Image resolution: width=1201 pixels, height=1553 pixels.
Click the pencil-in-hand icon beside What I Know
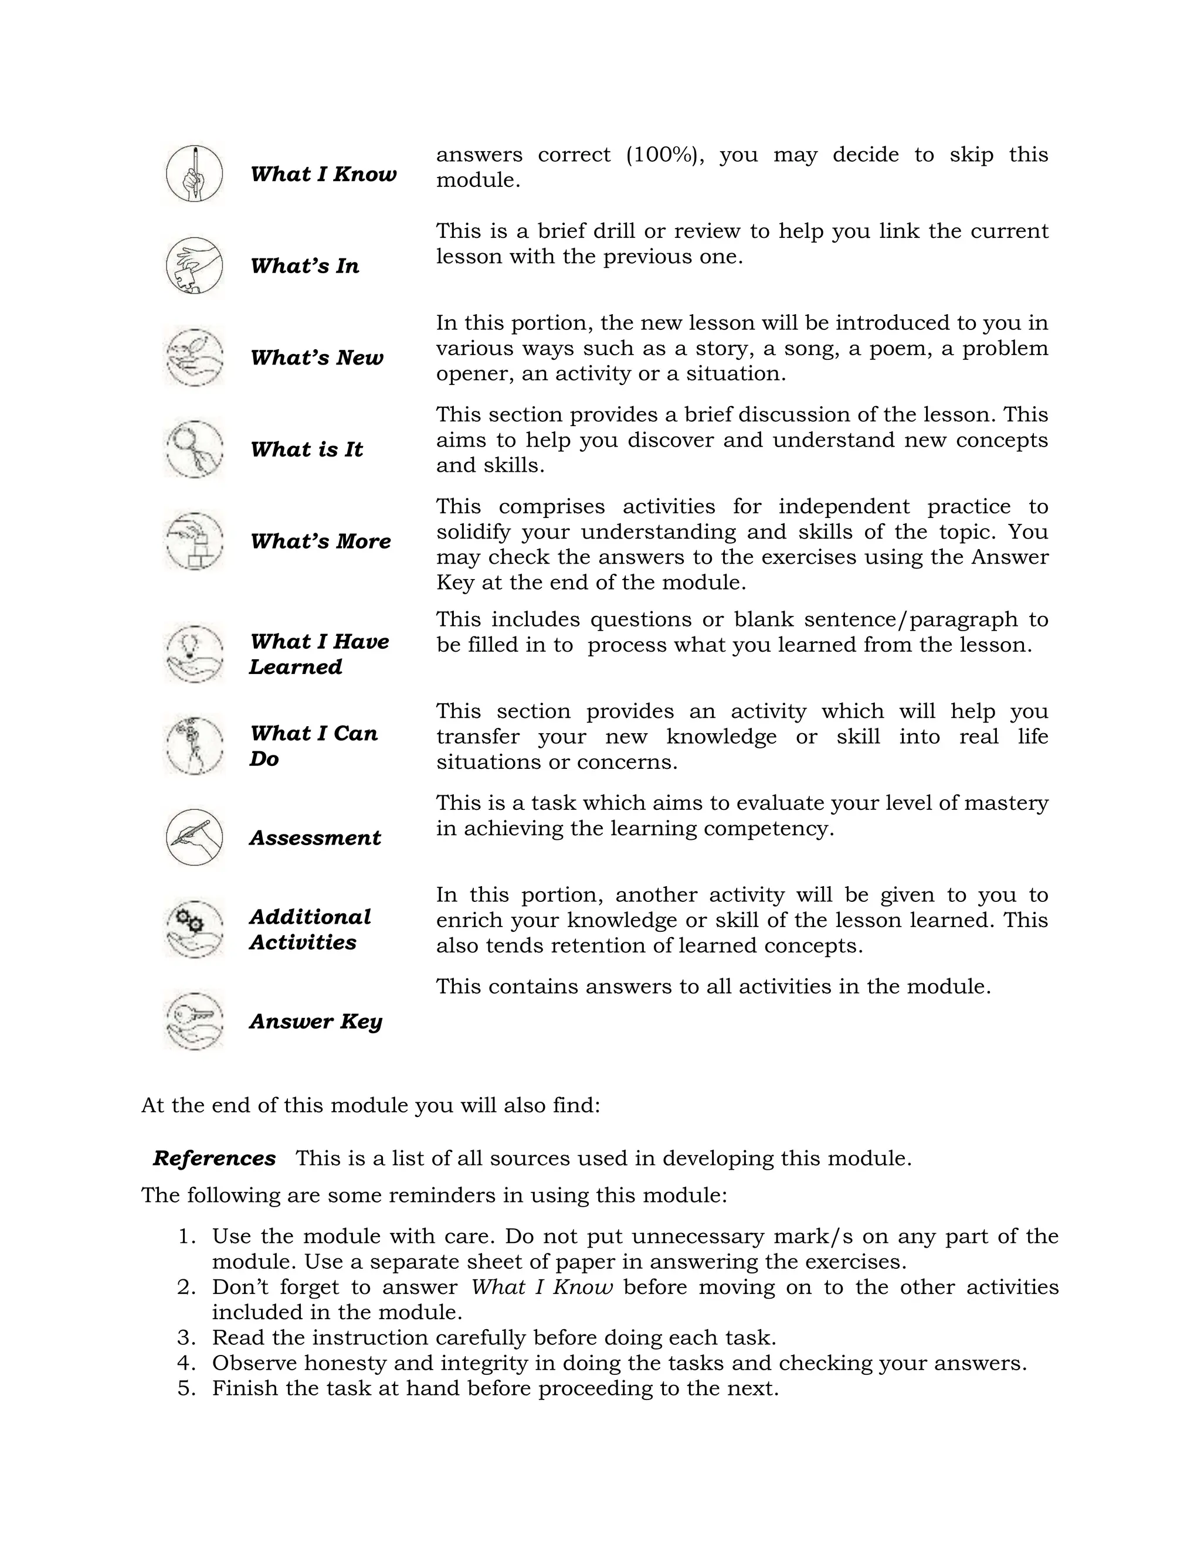point(194,174)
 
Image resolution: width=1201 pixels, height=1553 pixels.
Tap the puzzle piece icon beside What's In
point(194,266)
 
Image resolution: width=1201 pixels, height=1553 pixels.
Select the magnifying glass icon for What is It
point(194,449)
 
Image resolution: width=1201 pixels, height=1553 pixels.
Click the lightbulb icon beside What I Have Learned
point(194,653)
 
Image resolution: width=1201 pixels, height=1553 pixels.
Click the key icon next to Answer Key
point(194,1020)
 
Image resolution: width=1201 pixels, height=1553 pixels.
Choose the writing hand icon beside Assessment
point(194,837)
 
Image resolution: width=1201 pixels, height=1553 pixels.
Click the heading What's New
point(317,357)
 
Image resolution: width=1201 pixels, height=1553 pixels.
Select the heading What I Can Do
point(313,745)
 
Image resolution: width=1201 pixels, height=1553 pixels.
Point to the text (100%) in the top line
point(661,155)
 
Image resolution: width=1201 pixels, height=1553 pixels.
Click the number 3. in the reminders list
point(186,1337)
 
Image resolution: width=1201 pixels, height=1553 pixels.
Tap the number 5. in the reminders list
point(186,1388)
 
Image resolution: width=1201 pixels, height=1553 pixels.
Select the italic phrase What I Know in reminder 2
point(541,1287)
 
